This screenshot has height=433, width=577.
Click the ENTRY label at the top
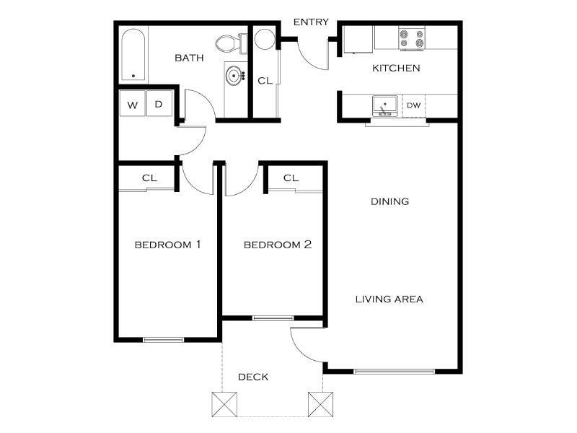[x=311, y=22]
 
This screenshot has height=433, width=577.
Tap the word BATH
[x=189, y=58]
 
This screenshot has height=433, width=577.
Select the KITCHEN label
[x=396, y=69]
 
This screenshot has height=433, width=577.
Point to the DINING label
[x=390, y=201]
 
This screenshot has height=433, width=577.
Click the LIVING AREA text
[x=389, y=299]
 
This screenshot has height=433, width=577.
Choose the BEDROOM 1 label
[x=167, y=245]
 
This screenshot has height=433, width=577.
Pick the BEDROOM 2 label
[x=278, y=245]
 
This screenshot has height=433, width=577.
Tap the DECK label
[x=253, y=377]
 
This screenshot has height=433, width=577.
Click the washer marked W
[x=133, y=105]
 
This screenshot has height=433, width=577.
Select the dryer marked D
[x=159, y=104]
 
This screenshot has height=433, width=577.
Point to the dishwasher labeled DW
[x=413, y=105]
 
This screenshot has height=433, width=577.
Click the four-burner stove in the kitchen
[x=412, y=38]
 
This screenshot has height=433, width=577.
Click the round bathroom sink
[x=234, y=74]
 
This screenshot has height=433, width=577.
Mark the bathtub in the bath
[x=133, y=54]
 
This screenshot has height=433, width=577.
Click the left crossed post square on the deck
[x=224, y=403]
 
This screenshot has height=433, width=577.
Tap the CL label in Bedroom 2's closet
[x=291, y=178]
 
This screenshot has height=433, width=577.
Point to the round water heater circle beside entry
[x=264, y=38]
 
